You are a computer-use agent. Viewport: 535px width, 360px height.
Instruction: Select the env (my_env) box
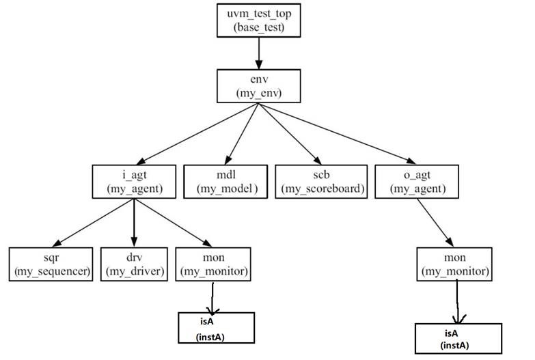[259, 86]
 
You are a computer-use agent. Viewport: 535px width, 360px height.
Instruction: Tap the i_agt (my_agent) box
[133, 181]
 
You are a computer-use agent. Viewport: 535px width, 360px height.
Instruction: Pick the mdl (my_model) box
[226, 181]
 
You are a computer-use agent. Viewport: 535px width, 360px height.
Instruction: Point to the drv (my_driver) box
[133, 264]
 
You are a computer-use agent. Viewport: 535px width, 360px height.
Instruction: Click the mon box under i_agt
[213, 264]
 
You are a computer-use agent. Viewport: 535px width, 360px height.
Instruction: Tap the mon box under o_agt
[454, 264]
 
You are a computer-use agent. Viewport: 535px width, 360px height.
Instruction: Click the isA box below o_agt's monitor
[454, 337]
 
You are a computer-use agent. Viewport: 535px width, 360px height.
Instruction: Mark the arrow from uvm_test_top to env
[259, 52]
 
